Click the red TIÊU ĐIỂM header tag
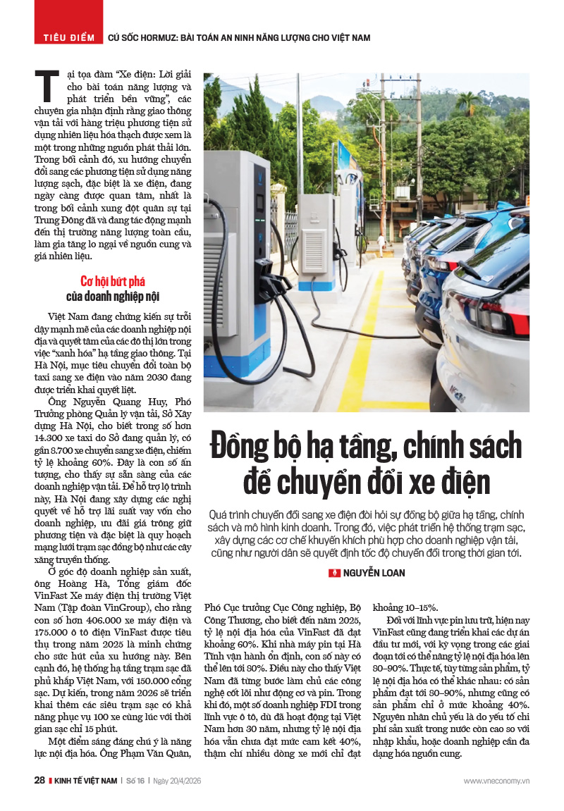(x=68, y=37)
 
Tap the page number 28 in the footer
(x=39, y=781)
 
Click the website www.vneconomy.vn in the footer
(x=496, y=781)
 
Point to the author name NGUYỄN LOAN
(x=374, y=573)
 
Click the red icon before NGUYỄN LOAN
(x=335, y=573)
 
